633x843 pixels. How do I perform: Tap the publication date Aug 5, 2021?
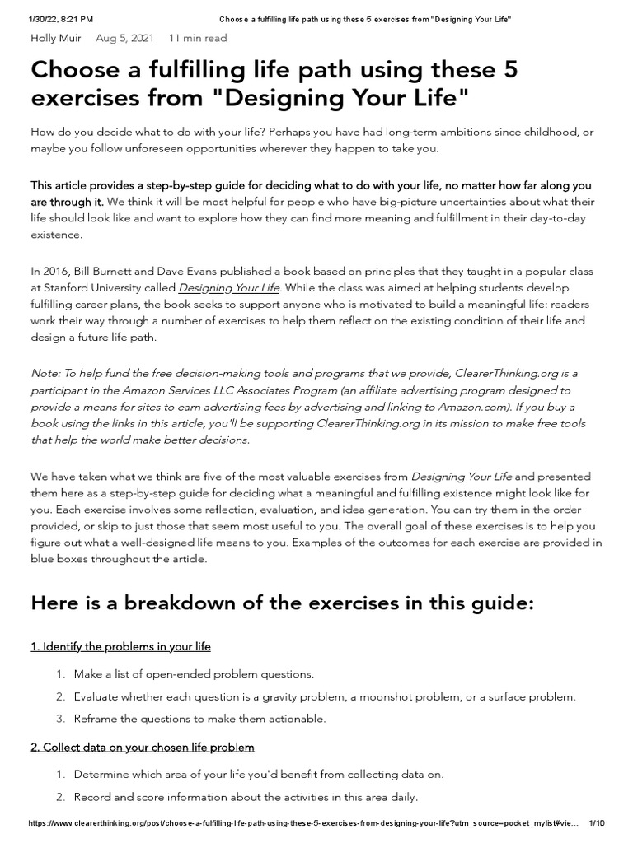(x=124, y=38)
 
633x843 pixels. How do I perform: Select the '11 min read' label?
(x=198, y=38)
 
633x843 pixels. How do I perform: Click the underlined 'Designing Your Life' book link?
(x=230, y=287)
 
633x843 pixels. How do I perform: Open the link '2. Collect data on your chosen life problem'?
(x=143, y=747)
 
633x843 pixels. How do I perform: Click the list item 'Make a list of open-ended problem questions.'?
(x=194, y=674)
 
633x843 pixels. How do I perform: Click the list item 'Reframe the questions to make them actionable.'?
(x=199, y=719)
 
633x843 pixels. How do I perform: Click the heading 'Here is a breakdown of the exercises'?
(x=283, y=603)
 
